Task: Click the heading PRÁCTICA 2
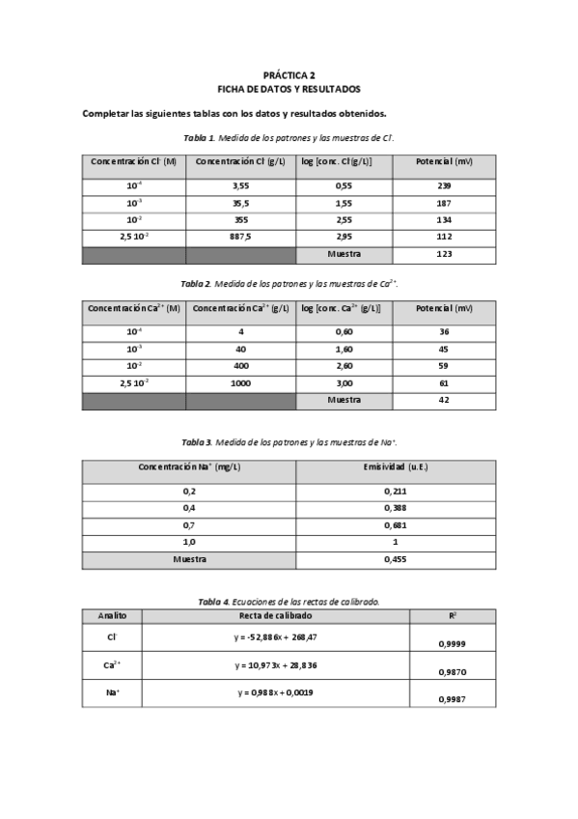[289, 73]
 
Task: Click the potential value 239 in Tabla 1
[444, 184]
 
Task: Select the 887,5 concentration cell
[240, 237]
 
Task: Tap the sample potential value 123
[444, 254]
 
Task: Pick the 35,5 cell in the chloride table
[240, 202]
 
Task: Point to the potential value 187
[444, 202]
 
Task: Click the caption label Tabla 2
[196, 284]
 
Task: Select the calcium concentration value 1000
[240, 383]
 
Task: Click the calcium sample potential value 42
[444, 400]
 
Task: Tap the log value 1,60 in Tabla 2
[344, 349]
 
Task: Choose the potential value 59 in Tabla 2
[444, 366]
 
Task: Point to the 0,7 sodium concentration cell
[189, 525]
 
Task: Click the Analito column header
[112, 615]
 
